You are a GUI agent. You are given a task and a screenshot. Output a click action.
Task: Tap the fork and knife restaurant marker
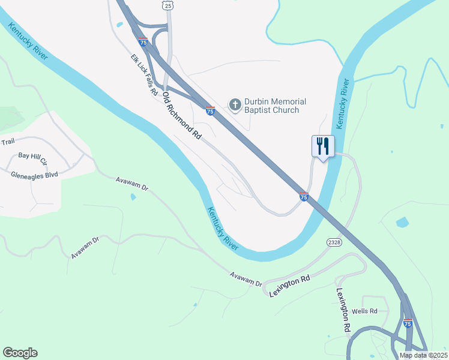pyautogui.click(x=322, y=146)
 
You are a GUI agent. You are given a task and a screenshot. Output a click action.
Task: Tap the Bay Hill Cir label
pyautogui.click(x=32, y=158)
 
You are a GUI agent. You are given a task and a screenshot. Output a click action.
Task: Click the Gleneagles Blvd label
pyautogui.click(x=34, y=175)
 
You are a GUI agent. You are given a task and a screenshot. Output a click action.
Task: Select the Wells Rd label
pyautogui.click(x=364, y=311)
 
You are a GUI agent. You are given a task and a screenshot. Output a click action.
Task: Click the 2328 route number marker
pyautogui.click(x=334, y=242)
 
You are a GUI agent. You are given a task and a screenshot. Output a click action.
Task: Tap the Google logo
pyautogui.click(x=20, y=353)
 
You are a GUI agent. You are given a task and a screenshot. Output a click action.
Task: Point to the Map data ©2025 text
pyautogui.click(x=422, y=355)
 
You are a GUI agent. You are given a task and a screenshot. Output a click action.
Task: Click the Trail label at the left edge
pyautogui.click(x=7, y=142)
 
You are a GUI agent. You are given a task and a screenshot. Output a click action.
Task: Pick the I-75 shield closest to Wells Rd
pyautogui.click(x=408, y=323)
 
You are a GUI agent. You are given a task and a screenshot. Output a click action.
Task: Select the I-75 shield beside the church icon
pyautogui.click(x=210, y=110)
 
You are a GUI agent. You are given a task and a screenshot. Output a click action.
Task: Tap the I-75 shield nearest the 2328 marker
pyautogui.click(x=304, y=196)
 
